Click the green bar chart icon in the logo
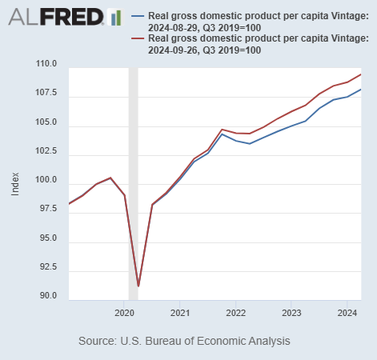114,17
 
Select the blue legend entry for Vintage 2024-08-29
248,22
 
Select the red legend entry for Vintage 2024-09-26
248,44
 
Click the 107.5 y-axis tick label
46,94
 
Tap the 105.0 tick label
46,122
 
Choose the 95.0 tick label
47,238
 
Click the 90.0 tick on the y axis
47,296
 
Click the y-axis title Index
16,184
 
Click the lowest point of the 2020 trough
138,286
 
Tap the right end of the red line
361,74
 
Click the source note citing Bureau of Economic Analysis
184,341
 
